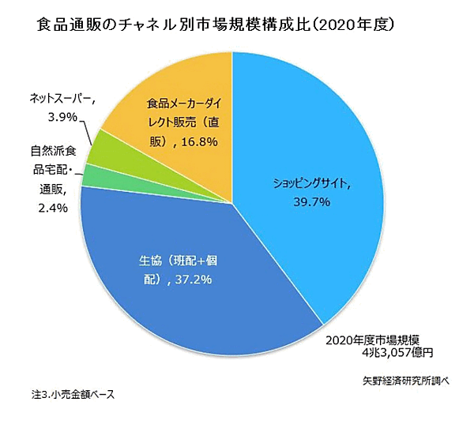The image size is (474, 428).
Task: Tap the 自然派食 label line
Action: pos(54,150)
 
